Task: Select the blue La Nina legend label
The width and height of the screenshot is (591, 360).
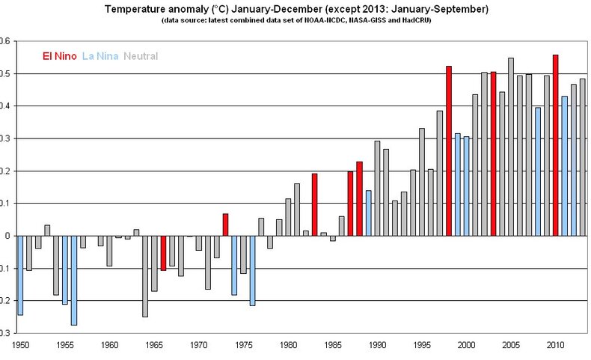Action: tap(99, 56)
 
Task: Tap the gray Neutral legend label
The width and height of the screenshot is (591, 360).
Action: tap(141, 56)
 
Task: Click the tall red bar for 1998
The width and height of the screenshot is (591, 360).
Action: tap(449, 150)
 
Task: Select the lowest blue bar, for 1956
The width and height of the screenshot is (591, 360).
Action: tap(74, 280)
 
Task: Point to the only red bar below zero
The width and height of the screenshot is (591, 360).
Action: tap(163, 253)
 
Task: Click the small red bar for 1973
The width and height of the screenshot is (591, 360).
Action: tap(225, 225)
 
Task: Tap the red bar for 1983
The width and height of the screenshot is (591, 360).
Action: tap(314, 204)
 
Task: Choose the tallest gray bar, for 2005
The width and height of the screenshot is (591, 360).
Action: tap(511, 147)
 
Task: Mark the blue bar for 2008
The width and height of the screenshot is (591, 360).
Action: tap(537, 171)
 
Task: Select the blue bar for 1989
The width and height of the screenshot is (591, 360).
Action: tap(368, 213)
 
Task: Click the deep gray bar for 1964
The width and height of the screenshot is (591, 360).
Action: tap(145, 276)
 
